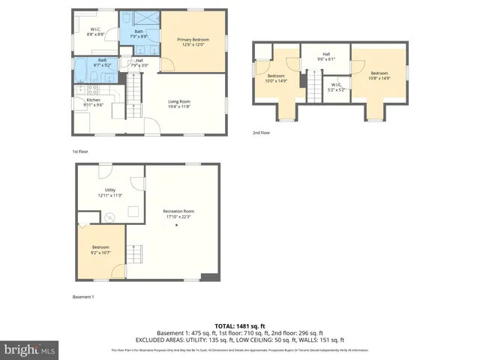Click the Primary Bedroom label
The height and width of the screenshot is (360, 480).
point(193,42)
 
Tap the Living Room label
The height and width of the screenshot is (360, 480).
point(178,104)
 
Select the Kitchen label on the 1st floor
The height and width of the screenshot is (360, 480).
point(93,102)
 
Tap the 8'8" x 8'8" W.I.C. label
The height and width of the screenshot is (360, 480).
point(95,32)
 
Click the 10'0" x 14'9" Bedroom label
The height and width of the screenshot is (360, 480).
point(277,78)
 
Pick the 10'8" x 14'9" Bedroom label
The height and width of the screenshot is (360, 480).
point(378,76)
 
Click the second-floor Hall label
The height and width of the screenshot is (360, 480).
point(326,57)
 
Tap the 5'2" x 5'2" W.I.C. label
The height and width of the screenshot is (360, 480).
point(337,87)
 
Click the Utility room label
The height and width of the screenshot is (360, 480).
point(109,193)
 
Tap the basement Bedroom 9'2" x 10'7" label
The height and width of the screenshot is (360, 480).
point(100,250)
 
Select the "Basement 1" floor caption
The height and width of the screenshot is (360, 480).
point(82,298)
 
